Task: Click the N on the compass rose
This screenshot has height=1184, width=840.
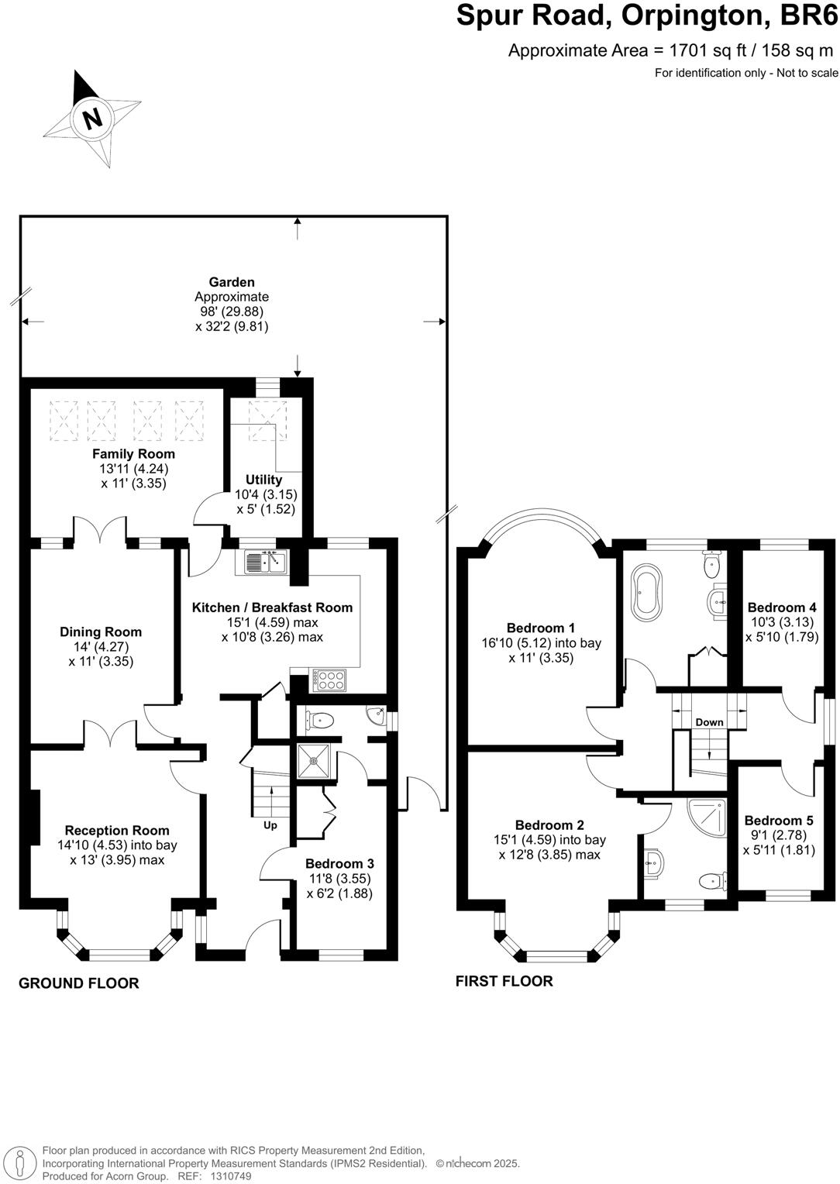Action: pyautogui.click(x=93, y=119)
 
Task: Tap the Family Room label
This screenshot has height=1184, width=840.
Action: pyautogui.click(x=133, y=453)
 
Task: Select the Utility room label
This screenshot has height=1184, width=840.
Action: pyautogui.click(x=263, y=480)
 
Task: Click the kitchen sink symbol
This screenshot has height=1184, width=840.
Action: pyautogui.click(x=266, y=562)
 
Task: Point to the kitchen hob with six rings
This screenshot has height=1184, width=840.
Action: pyautogui.click(x=329, y=680)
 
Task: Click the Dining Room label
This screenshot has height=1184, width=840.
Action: pyautogui.click(x=101, y=632)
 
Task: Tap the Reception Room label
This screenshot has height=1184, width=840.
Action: pyautogui.click(x=117, y=831)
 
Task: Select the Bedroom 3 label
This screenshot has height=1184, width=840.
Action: pyautogui.click(x=339, y=864)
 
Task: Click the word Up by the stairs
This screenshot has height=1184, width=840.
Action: pyautogui.click(x=270, y=825)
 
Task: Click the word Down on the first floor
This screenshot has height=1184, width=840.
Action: pyautogui.click(x=709, y=722)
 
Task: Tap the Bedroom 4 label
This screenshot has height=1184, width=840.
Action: pyautogui.click(x=782, y=607)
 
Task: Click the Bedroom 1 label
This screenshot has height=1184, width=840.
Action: pyautogui.click(x=541, y=628)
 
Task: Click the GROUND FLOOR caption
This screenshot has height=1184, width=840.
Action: pyautogui.click(x=79, y=983)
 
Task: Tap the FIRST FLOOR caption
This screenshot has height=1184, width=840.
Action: pyautogui.click(x=504, y=981)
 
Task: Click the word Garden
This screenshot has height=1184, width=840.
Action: pyautogui.click(x=232, y=282)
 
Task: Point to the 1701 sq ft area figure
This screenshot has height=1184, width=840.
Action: pyautogui.click(x=704, y=50)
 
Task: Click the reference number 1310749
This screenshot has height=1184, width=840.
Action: pyautogui.click(x=231, y=1176)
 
